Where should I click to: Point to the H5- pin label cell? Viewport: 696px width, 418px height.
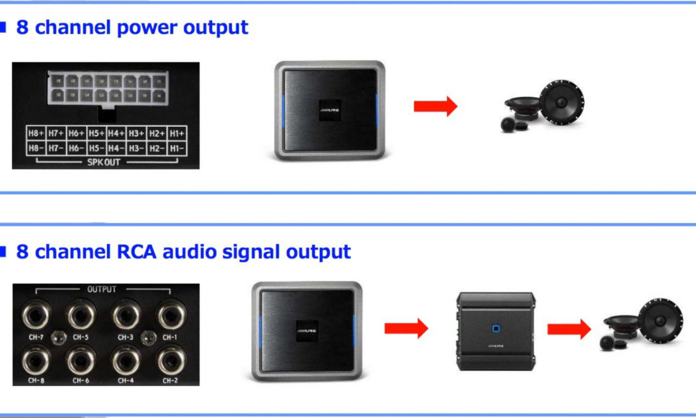97,148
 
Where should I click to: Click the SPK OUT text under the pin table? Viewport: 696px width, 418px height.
104,162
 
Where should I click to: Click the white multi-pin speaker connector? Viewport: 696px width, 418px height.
107,88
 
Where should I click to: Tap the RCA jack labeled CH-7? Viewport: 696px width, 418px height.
36,315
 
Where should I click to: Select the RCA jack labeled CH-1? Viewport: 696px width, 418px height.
171,315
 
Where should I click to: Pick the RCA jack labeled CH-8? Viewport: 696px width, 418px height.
36,360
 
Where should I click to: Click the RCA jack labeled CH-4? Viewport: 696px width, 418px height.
126,360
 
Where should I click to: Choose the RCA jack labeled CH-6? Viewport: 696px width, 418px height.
81,360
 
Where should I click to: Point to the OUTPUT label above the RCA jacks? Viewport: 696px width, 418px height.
102,290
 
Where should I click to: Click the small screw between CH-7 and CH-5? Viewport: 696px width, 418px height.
59,338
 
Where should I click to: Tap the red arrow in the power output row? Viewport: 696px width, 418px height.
436,106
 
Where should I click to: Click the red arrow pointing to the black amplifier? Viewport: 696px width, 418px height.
406,328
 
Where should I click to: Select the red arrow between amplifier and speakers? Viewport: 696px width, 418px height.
569,329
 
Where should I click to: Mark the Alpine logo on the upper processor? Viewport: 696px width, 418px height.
330,109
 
